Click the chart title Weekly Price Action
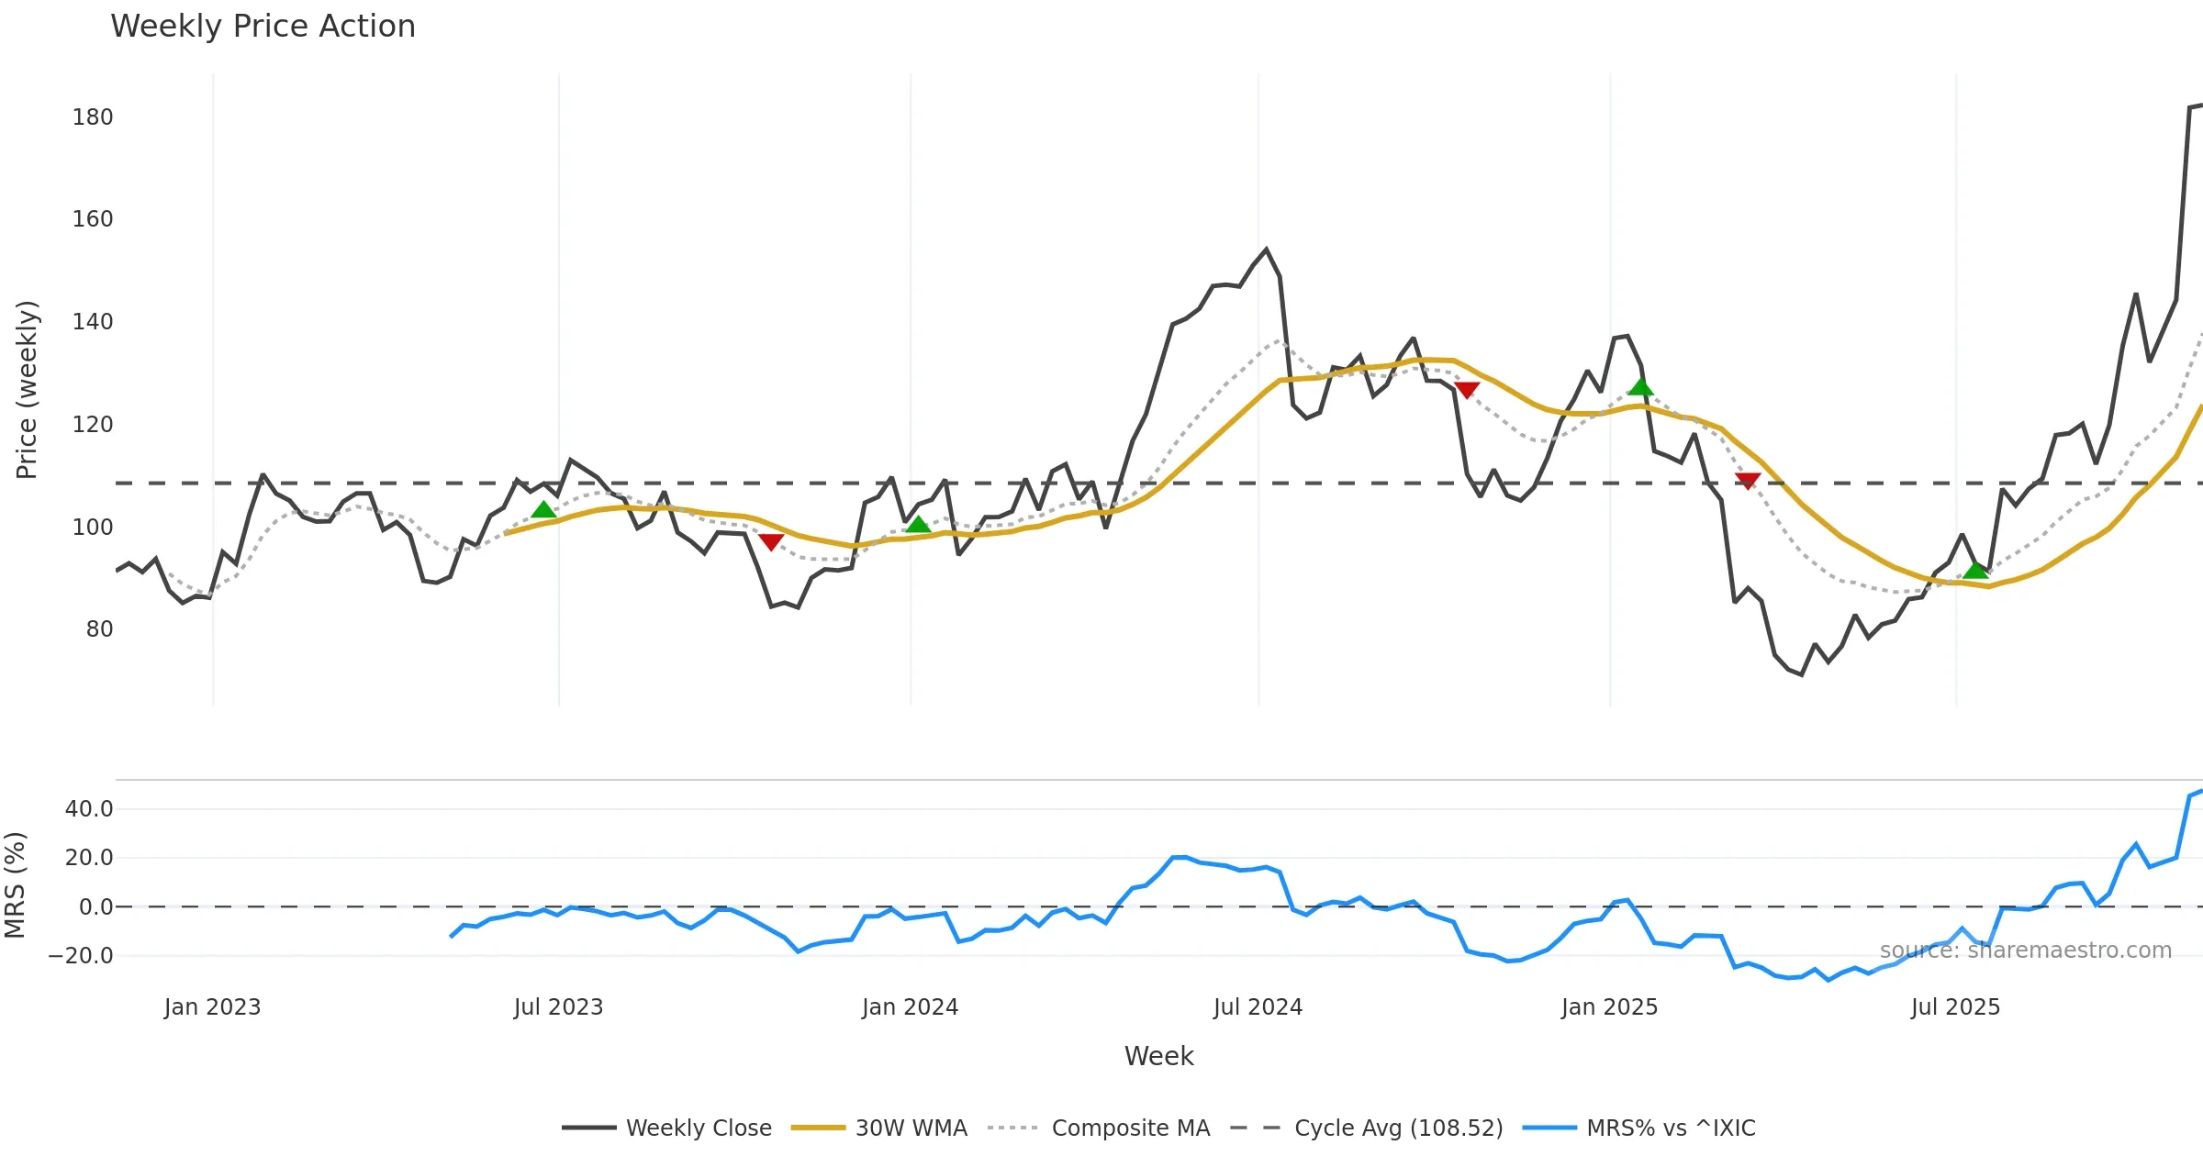click(x=263, y=27)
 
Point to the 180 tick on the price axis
click(x=93, y=117)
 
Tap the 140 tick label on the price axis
click(x=93, y=322)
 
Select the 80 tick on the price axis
click(x=99, y=629)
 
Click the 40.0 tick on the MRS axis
click(x=89, y=809)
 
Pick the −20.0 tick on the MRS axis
click(x=81, y=956)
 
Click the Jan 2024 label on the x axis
click(x=910, y=1007)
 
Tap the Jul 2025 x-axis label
click(x=1955, y=1007)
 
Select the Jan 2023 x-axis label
click(x=213, y=1007)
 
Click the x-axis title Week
click(x=1158, y=1057)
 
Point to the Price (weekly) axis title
click(x=28, y=390)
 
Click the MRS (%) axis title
click(x=16, y=885)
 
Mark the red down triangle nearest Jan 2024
click(x=771, y=542)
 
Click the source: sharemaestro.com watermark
click(x=2025, y=950)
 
